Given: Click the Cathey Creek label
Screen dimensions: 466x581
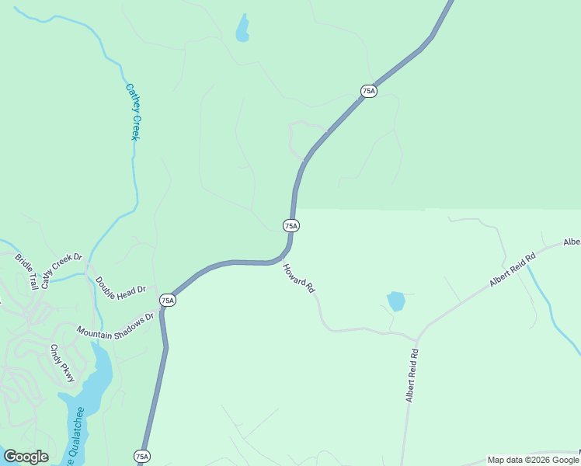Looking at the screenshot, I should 132,112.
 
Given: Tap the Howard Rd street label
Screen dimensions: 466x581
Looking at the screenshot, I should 299,278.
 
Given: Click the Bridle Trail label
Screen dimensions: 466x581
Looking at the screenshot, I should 26,270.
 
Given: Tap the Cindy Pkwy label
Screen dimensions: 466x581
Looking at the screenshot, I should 63,363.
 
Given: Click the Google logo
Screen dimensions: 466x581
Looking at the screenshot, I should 26,457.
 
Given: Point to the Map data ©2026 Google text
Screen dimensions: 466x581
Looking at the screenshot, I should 534,460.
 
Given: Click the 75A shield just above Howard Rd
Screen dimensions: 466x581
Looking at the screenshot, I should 290,225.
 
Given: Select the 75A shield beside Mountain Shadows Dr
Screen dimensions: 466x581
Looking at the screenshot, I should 168,300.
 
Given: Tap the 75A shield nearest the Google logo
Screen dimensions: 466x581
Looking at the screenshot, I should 141,456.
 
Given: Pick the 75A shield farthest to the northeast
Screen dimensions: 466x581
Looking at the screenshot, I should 369,91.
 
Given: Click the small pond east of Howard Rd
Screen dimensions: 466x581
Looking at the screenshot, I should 396,301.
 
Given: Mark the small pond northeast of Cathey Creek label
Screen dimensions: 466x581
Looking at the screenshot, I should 243,28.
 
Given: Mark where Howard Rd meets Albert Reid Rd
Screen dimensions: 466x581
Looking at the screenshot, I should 417,340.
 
